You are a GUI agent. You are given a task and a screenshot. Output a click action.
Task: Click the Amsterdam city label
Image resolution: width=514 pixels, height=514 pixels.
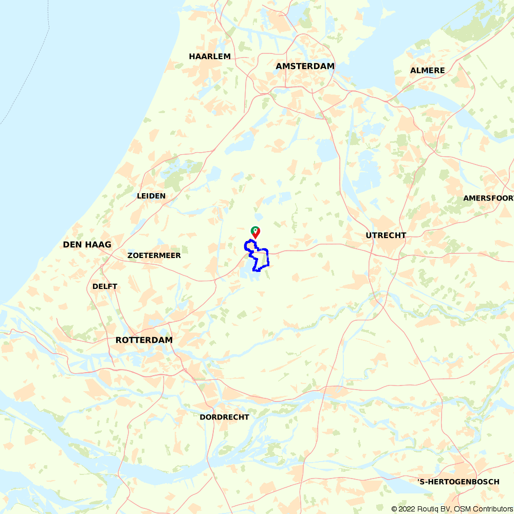tap(305, 66)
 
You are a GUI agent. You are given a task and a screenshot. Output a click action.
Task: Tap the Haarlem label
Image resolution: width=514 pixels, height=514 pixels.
tap(210, 57)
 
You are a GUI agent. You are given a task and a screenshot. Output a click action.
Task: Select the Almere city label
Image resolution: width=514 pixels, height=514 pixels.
tap(428, 70)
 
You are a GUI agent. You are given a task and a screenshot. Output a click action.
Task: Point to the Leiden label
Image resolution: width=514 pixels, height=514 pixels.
tap(151, 196)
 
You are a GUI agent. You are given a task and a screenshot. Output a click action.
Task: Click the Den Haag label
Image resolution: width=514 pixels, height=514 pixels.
tap(87, 245)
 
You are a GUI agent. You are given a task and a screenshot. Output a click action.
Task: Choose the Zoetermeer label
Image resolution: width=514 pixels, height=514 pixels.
tap(154, 255)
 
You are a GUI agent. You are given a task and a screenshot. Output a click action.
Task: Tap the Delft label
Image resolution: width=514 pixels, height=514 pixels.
tap(105, 286)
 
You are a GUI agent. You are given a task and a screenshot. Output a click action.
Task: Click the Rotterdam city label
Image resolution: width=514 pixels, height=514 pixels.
tap(144, 340)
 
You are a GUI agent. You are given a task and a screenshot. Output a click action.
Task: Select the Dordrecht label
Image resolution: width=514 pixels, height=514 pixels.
tap(224, 417)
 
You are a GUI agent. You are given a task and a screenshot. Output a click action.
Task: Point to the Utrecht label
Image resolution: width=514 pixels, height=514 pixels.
tap(386, 235)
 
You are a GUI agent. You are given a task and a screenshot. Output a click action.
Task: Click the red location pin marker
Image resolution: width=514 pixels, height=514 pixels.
tap(256, 232)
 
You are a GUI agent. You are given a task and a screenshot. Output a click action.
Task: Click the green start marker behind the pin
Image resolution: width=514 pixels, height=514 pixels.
tap(253, 229)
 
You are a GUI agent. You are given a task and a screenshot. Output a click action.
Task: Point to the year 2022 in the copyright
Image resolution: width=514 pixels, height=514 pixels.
tap(407, 509)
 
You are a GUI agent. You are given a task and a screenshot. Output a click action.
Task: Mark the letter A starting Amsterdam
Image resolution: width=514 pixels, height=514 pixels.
tap(279, 66)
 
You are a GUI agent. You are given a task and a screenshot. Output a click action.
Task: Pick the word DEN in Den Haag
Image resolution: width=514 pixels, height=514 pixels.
tap(71, 245)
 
